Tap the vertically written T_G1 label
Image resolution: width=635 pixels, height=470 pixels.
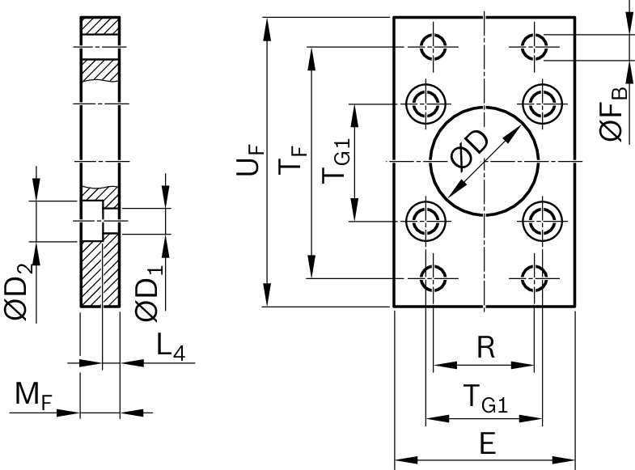point(337,161)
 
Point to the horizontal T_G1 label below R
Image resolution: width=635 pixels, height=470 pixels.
point(485,400)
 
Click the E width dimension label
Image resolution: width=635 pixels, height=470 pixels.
point(485,444)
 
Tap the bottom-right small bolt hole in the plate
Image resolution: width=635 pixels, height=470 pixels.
point(535,277)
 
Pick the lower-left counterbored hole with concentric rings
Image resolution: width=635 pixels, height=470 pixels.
point(424,218)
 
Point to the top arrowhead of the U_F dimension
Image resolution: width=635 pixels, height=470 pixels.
point(266,23)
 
